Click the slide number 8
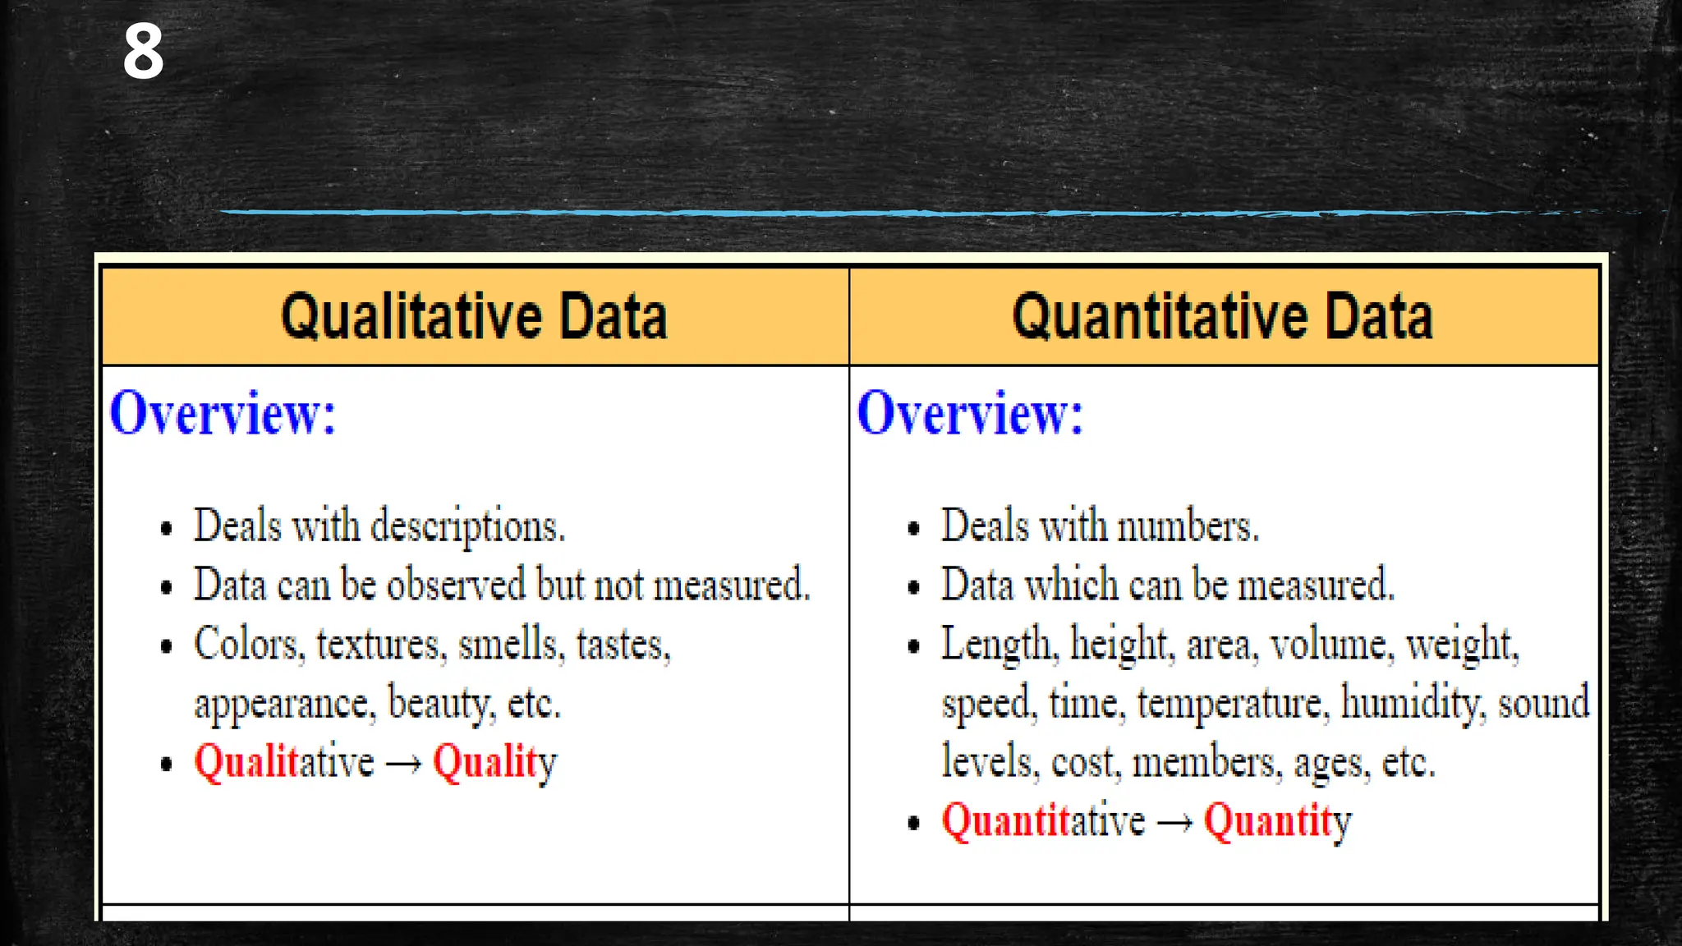coord(143,51)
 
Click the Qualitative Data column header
coord(474,317)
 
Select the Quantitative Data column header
coord(1223,317)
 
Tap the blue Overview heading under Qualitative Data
coord(223,413)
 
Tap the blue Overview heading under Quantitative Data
coord(970,413)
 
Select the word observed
coord(456,586)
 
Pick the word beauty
coord(442,704)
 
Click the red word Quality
coord(494,763)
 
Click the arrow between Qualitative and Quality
coord(403,765)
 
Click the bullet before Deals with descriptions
coord(167,528)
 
